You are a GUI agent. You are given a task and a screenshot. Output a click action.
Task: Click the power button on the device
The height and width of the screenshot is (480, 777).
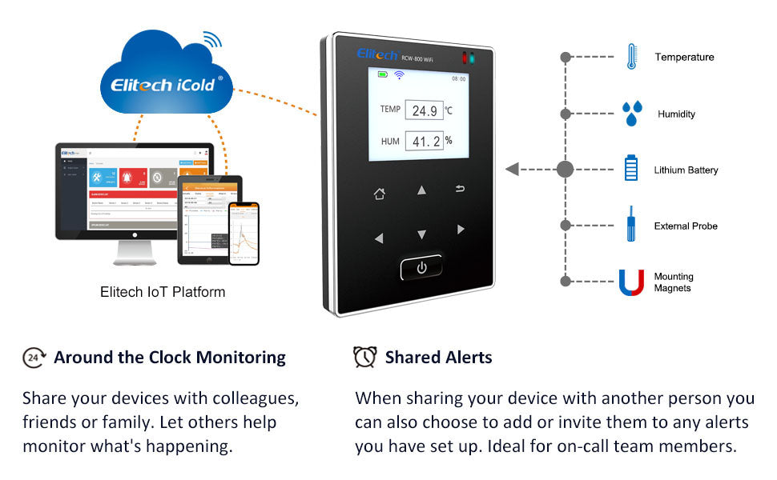pyautogui.click(x=421, y=268)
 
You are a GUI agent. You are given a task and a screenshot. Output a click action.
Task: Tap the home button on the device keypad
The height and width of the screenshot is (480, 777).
pyautogui.click(x=380, y=194)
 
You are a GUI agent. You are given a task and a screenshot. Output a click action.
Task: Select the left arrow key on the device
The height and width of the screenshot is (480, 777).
pyautogui.click(x=379, y=238)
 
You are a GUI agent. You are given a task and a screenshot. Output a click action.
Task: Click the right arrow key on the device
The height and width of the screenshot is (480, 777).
pyautogui.click(x=461, y=230)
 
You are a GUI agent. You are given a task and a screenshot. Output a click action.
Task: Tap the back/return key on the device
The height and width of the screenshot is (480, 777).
pyautogui.click(x=460, y=189)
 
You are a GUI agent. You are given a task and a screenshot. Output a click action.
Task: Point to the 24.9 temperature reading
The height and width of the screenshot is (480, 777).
pyautogui.click(x=424, y=110)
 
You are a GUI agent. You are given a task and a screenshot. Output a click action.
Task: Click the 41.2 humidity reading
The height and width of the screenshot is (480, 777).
pyautogui.click(x=424, y=142)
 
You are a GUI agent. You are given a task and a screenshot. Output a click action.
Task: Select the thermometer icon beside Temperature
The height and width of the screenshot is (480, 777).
pyautogui.click(x=631, y=57)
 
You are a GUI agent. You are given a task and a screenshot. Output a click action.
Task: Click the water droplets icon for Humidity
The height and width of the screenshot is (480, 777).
pyautogui.click(x=631, y=114)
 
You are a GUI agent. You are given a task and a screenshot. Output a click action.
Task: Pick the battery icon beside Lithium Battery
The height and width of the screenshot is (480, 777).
pyautogui.click(x=631, y=169)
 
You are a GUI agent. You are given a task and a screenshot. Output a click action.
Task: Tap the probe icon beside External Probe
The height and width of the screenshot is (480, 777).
pyautogui.click(x=631, y=225)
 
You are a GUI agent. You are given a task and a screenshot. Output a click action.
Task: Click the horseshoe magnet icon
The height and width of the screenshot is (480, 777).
pyautogui.click(x=631, y=282)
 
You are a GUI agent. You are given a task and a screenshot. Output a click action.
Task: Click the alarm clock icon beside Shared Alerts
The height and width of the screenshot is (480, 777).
pyautogui.click(x=365, y=357)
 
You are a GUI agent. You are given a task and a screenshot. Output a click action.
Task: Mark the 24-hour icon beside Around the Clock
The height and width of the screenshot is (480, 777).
pyautogui.click(x=33, y=358)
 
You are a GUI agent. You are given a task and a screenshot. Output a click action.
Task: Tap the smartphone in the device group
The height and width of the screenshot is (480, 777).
pyautogui.click(x=244, y=233)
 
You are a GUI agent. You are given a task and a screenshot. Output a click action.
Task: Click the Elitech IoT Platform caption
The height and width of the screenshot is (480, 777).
pyautogui.click(x=163, y=292)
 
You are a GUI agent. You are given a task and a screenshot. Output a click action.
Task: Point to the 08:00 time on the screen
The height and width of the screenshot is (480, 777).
pyautogui.click(x=458, y=78)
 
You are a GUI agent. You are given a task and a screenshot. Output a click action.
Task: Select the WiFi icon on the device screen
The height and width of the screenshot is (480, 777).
pyautogui.click(x=399, y=75)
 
